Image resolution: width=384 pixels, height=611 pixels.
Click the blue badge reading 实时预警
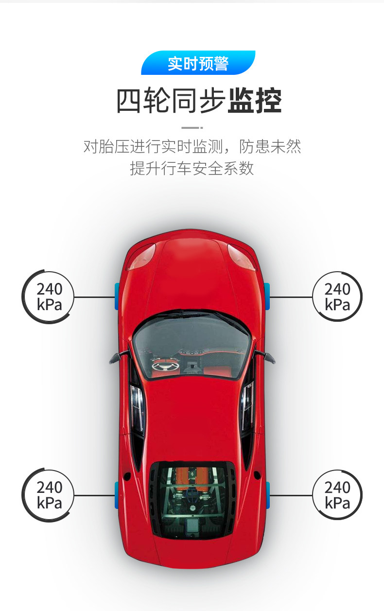click(198, 63)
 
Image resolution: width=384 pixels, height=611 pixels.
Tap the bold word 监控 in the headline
click(254, 101)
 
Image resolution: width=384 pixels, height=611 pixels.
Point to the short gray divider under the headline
click(192, 128)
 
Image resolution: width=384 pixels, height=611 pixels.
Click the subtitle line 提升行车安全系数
click(192, 168)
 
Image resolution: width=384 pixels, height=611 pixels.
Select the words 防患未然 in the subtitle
click(270, 146)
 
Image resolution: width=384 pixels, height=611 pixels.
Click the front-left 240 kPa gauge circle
click(48, 297)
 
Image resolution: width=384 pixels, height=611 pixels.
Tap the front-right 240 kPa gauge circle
click(337, 296)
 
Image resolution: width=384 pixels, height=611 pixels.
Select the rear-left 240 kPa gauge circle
click(48, 495)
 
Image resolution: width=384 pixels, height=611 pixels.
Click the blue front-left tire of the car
click(117, 296)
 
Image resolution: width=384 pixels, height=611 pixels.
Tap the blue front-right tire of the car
click(267, 296)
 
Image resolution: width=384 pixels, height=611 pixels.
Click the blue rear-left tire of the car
click(117, 495)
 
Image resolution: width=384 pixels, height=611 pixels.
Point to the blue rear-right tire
click(267, 495)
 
